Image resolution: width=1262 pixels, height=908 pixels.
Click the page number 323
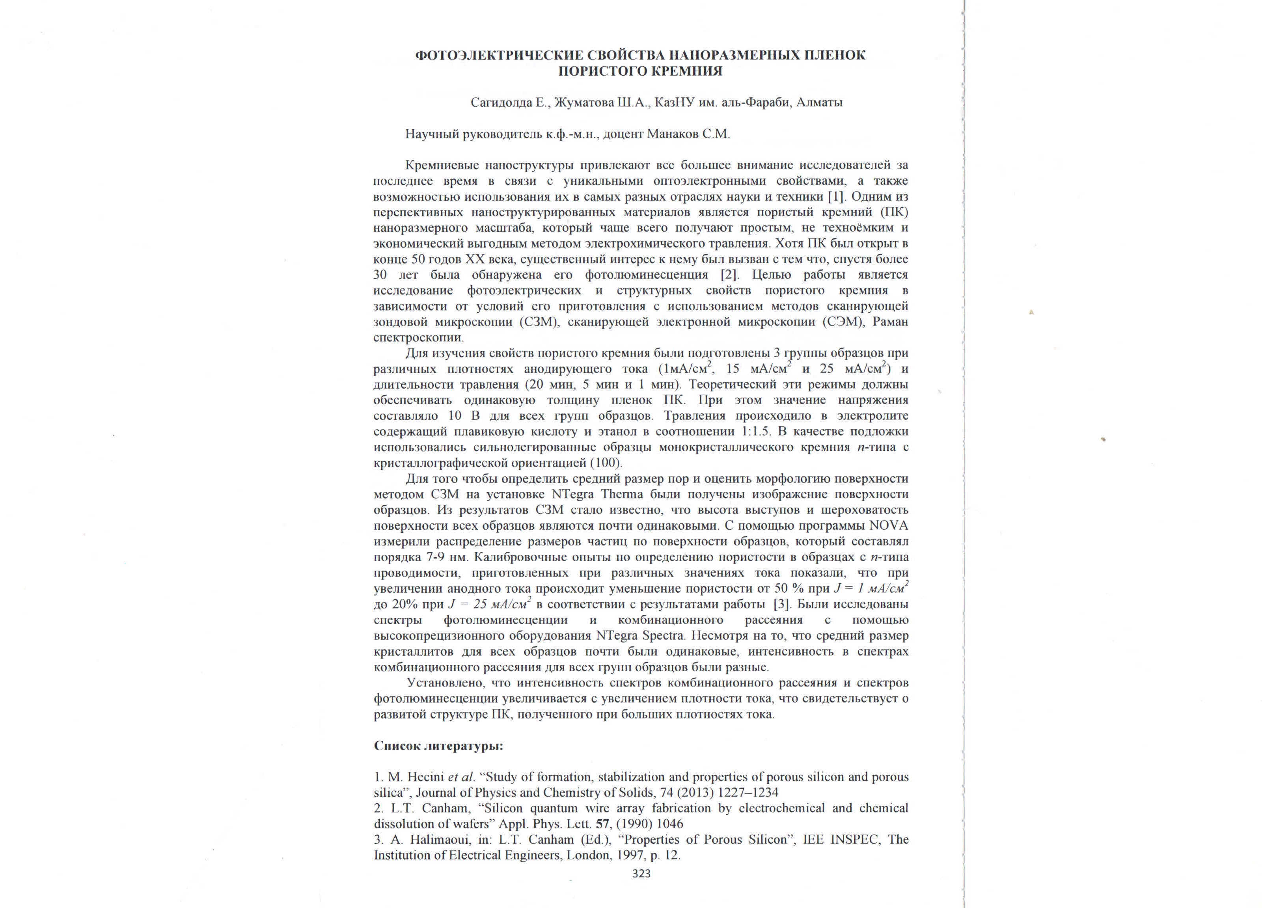point(641,873)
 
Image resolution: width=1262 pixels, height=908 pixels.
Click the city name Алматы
point(819,103)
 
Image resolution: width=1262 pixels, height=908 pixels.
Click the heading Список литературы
point(438,746)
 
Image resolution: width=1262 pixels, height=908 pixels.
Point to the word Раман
point(891,322)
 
